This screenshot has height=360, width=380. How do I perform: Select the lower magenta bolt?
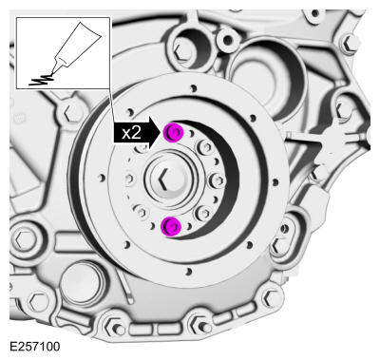[x=172, y=225]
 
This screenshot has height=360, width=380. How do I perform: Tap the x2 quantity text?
[x=131, y=133]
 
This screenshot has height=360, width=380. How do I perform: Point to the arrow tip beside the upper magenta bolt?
[x=162, y=133]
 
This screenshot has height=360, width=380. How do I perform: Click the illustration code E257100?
[x=35, y=348]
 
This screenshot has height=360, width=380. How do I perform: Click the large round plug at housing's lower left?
[x=85, y=285]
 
